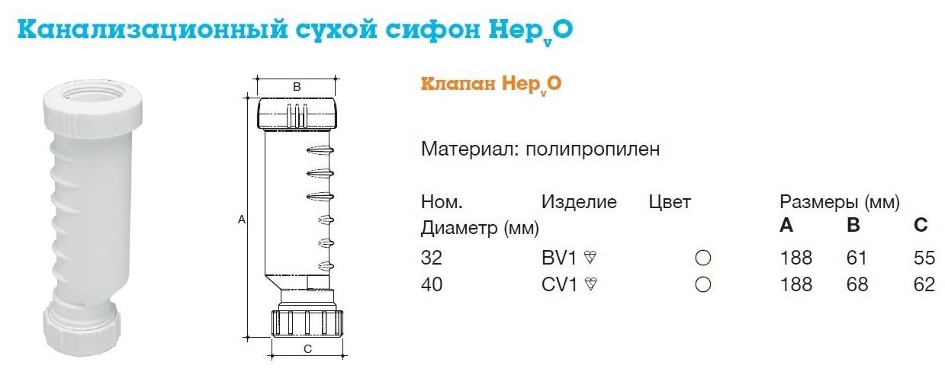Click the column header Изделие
point(579,203)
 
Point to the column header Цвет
point(670,203)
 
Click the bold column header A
point(786,226)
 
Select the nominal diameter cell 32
point(431,258)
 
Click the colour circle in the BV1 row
point(703,258)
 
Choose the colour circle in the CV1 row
point(703,285)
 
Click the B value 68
point(858,285)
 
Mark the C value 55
point(924,258)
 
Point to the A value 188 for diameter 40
point(796,285)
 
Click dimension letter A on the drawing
point(241,220)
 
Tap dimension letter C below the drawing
point(307,350)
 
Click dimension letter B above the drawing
point(297,87)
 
